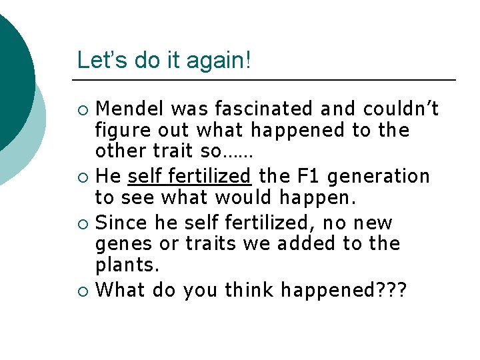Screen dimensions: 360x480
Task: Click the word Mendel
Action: tap(129, 108)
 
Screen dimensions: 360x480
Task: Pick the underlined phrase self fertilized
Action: tap(189, 177)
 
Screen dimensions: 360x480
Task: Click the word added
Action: tap(304, 245)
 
